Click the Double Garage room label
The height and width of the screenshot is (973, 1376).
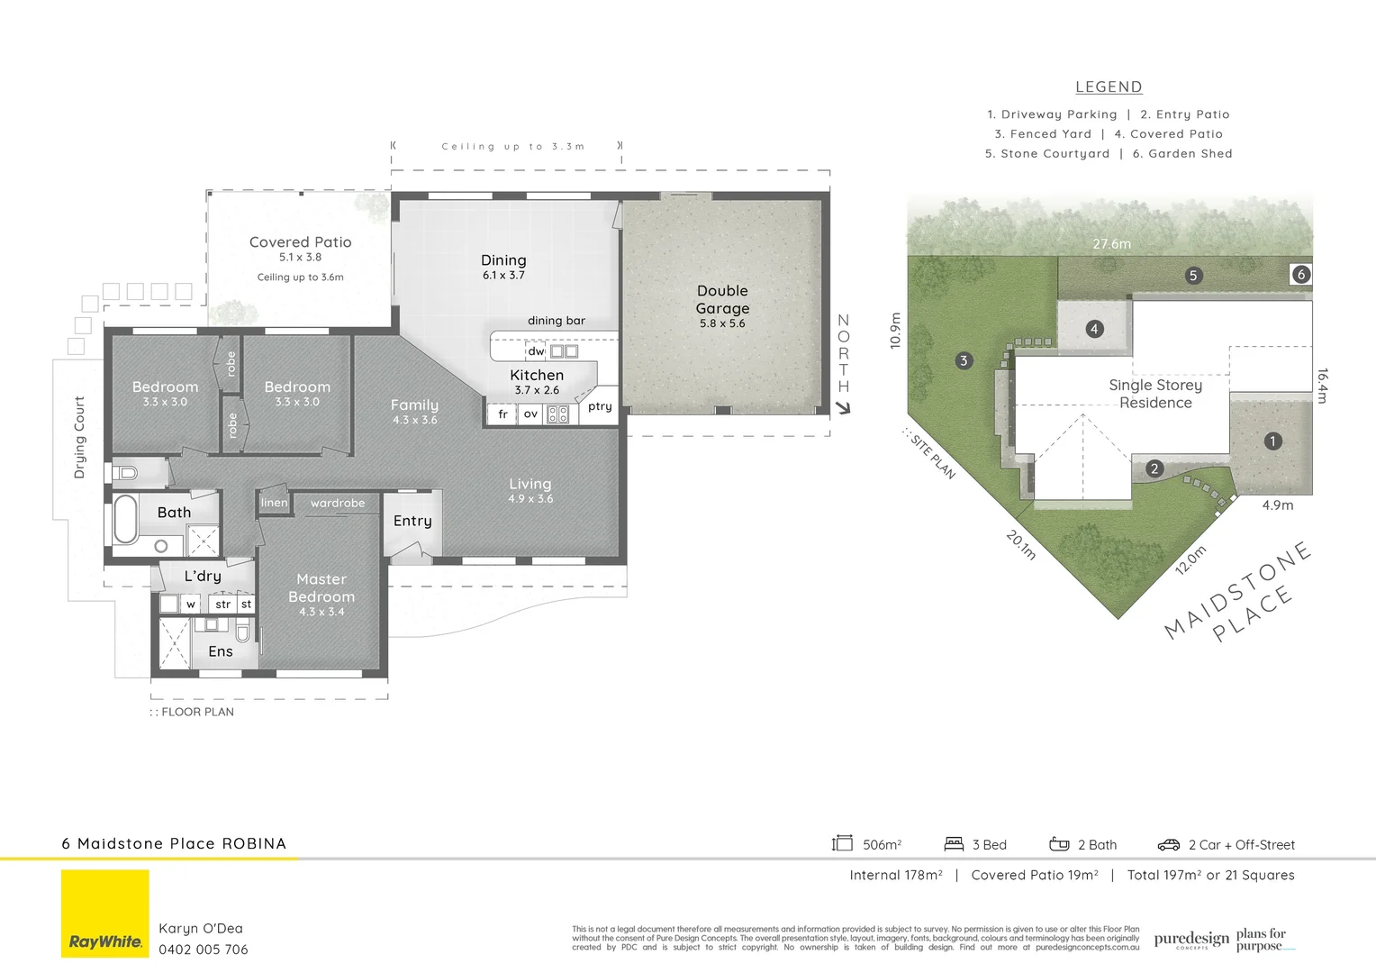[x=722, y=300]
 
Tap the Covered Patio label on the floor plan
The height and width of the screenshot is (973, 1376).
[x=300, y=242]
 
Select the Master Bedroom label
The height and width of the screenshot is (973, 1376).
[x=321, y=588]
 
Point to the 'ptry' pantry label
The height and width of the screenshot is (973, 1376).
[x=600, y=406]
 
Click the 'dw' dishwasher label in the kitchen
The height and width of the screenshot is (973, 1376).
[x=536, y=351]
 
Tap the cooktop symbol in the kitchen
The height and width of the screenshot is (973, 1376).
[x=558, y=414]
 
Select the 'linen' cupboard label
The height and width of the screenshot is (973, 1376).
[x=275, y=503]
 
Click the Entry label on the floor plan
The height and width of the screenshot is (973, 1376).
[x=412, y=521]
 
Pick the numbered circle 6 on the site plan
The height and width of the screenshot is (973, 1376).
[x=1300, y=275]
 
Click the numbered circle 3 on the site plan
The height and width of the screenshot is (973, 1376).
[x=964, y=361]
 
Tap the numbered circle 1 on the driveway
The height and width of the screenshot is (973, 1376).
[x=1272, y=441]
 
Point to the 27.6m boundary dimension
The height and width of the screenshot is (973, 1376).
[x=1111, y=244]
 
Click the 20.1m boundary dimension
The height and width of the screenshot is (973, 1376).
[x=1020, y=545]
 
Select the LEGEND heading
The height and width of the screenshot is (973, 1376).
[x=1109, y=87]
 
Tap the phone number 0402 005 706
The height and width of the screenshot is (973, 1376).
[x=204, y=950]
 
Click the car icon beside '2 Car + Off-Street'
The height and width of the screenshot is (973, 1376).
[x=1169, y=845]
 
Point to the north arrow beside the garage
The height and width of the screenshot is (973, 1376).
[x=843, y=408]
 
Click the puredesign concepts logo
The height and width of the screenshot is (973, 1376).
[x=1191, y=940]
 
